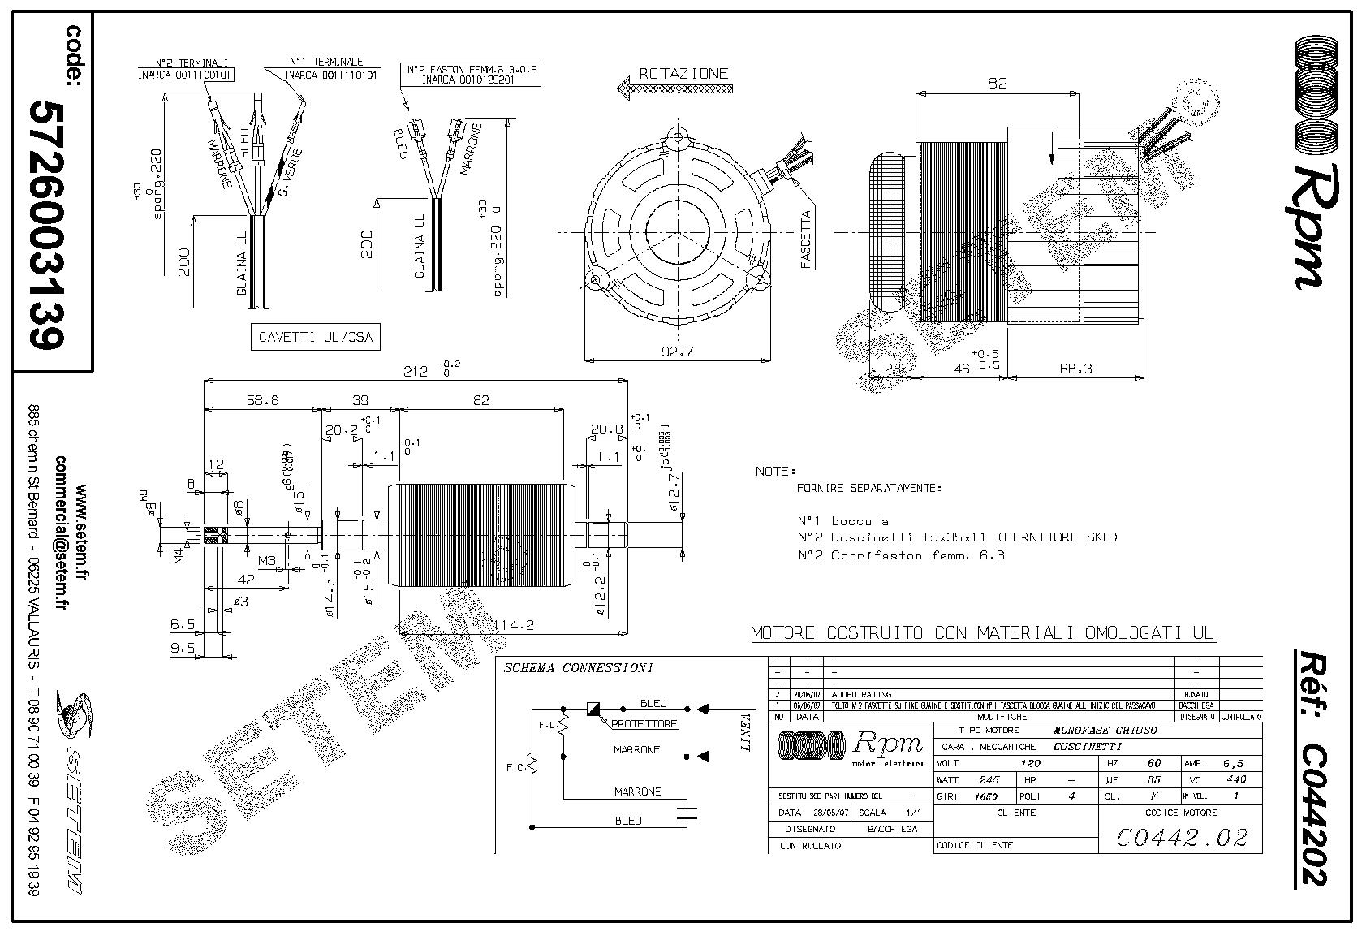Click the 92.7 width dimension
click(675, 352)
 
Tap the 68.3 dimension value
click(1075, 369)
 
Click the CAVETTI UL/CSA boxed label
click(315, 337)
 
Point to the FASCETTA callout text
click(806, 239)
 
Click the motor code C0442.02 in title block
click(1181, 836)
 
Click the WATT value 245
click(989, 780)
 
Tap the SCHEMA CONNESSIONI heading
click(578, 668)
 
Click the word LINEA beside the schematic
click(747, 732)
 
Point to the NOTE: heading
click(775, 471)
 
